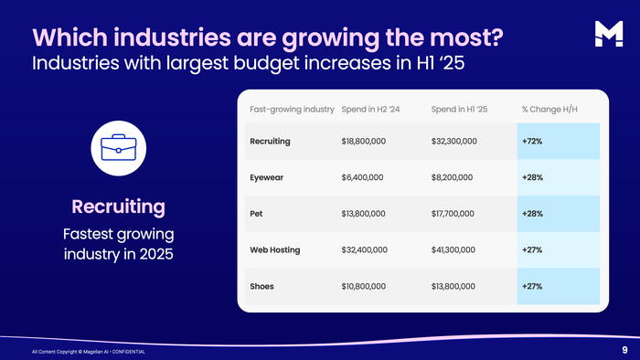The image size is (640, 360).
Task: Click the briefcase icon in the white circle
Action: coord(118,148)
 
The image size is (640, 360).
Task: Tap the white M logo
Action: coord(609,34)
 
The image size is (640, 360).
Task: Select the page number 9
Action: coord(624,350)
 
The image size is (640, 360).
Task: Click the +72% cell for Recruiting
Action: coord(532,142)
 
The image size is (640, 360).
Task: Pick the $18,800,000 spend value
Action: coord(364,142)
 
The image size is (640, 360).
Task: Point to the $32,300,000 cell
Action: coord(453,142)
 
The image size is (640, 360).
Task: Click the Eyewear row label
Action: coord(267,178)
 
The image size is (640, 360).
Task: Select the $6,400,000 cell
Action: coord(362,178)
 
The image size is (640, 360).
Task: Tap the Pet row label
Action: coord(256,214)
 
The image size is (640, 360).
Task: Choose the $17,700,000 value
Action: coord(453,214)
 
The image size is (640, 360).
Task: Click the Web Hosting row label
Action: coord(275,250)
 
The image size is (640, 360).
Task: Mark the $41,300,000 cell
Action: coord(453,250)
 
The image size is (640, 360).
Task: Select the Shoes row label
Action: coord(262,286)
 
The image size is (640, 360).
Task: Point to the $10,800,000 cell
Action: coord(364,286)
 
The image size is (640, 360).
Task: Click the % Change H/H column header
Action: coord(549,110)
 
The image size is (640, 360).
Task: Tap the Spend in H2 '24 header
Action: coord(370,110)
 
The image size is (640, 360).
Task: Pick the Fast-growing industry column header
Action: coord(292,110)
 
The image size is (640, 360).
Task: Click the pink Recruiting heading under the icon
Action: coord(118,206)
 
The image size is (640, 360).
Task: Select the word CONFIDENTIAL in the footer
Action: coord(129,352)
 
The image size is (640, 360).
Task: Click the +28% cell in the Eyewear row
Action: coord(532,178)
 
